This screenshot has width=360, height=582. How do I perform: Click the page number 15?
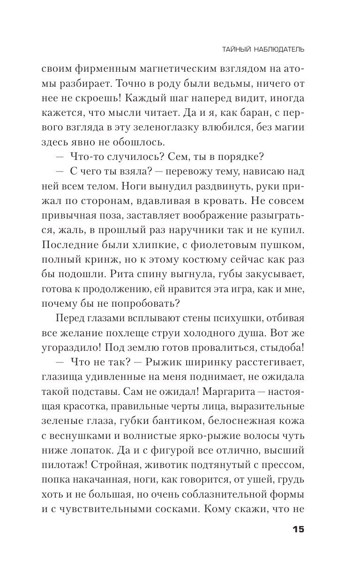tap(298, 529)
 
